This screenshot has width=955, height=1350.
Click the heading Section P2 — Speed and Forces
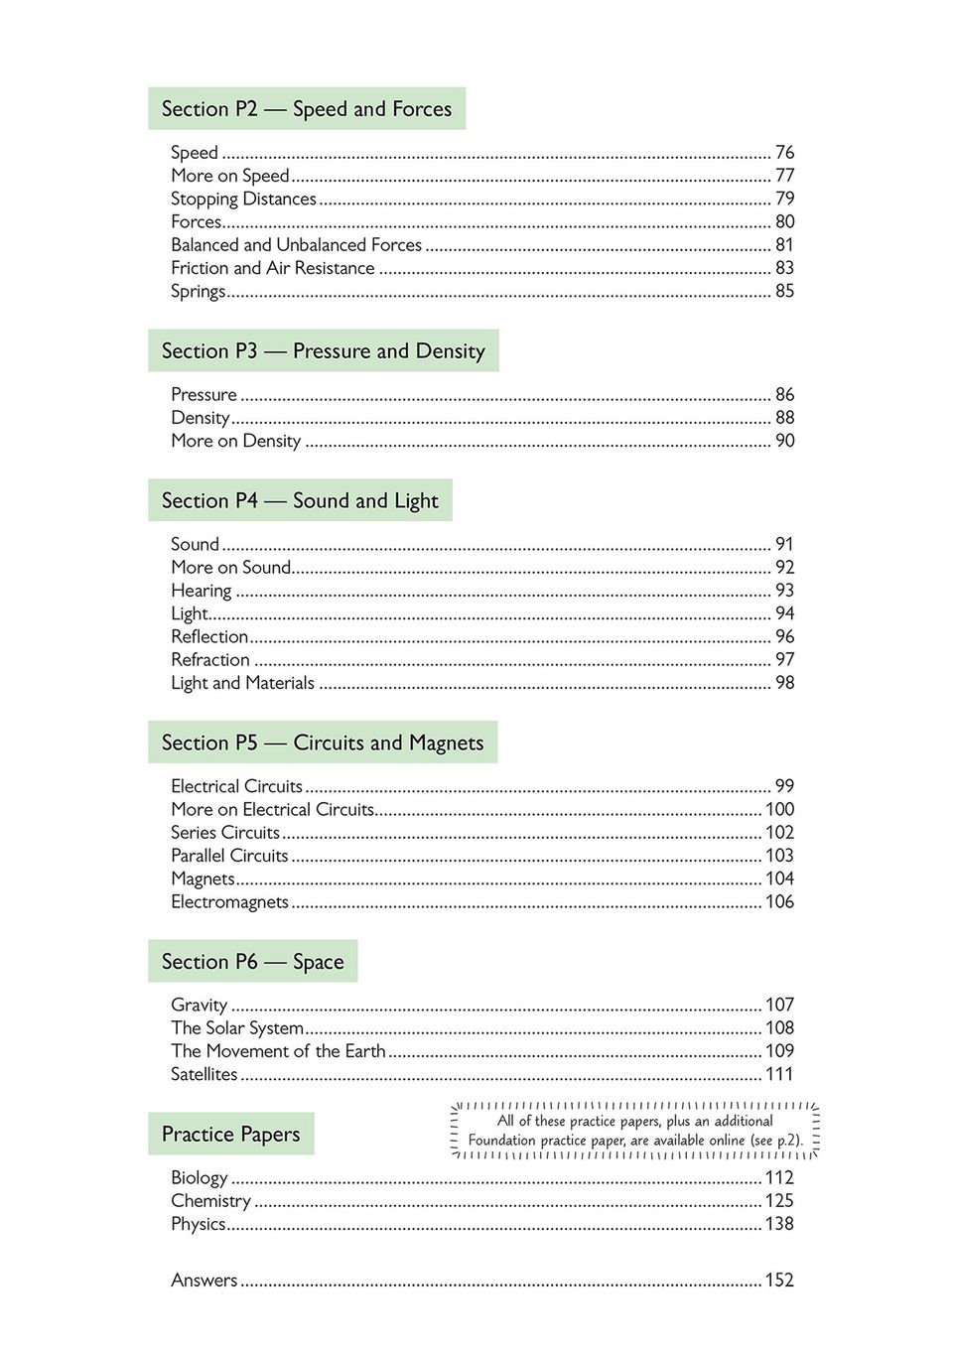pyautogui.click(x=306, y=109)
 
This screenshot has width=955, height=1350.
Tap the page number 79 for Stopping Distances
pyautogui.click(x=784, y=199)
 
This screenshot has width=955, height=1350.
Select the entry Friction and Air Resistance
pyautogui.click(x=273, y=268)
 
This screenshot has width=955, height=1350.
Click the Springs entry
pyautogui.click(x=199, y=291)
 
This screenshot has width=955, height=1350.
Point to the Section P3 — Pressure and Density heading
pyautogui.click(x=323, y=351)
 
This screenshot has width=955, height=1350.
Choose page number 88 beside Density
pyautogui.click(x=784, y=418)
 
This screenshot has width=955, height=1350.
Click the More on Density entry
pyautogui.click(x=236, y=441)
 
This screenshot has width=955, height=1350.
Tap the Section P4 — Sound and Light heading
pyautogui.click(x=300, y=501)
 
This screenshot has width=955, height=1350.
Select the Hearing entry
pyautogui.click(x=202, y=591)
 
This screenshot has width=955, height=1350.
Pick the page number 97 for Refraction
pyautogui.click(x=784, y=660)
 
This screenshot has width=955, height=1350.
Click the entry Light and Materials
pyautogui.click(x=242, y=683)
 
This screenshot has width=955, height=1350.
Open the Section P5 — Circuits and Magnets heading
pyautogui.click(x=323, y=743)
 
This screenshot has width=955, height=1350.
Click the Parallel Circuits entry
pyautogui.click(x=229, y=856)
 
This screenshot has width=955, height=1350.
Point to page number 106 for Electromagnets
pyautogui.click(x=779, y=902)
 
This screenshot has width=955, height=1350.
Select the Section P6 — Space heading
pyautogui.click(x=252, y=962)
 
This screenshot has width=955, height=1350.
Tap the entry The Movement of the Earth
pyautogui.click(x=278, y=1051)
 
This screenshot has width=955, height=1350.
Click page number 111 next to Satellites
pyautogui.click(x=779, y=1074)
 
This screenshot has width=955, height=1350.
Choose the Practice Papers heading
pyautogui.click(x=230, y=1135)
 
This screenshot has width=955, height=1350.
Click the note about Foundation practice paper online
pyautogui.click(x=635, y=1131)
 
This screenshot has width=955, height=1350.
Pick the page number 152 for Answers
pyautogui.click(x=779, y=1281)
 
